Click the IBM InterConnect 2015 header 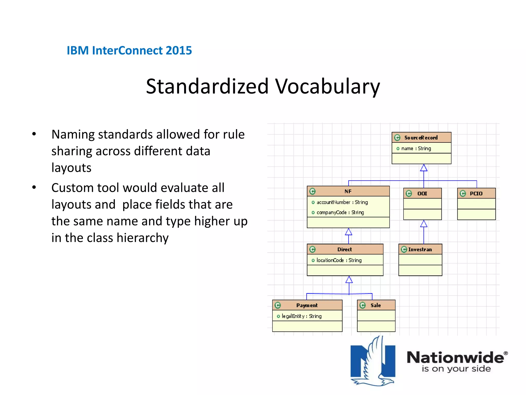coord(129,50)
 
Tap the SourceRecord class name coord(421,138)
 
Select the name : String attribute coord(416,148)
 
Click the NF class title coord(348,191)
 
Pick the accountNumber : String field coord(342,202)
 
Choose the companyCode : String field coord(340,212)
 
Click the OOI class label coord(422,193)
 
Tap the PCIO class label coord(476,193)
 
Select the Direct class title coord(344,249)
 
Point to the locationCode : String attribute coord(339,260)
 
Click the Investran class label coord(420,249)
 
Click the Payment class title coord(307,305)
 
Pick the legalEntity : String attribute coord(301,316)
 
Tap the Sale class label coord(375,305)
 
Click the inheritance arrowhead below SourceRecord coord(424,168)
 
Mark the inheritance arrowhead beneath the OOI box coord(424,224)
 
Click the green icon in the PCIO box coord(463,193)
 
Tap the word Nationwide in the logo coord(455,357)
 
